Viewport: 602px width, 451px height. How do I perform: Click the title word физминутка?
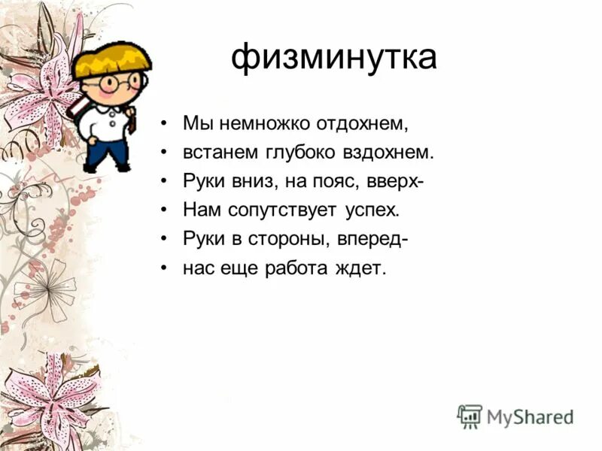coord(333,58)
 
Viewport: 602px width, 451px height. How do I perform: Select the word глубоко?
coord(303,152)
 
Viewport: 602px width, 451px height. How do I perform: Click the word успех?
coord(372,210)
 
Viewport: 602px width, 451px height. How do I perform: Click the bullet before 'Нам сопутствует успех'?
coord(163,210)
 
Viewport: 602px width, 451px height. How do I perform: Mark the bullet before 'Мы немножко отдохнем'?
coord(163,123)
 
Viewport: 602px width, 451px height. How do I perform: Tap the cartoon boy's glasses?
coord(120,81)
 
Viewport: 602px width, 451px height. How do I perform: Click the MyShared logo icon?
coord(470,416)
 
